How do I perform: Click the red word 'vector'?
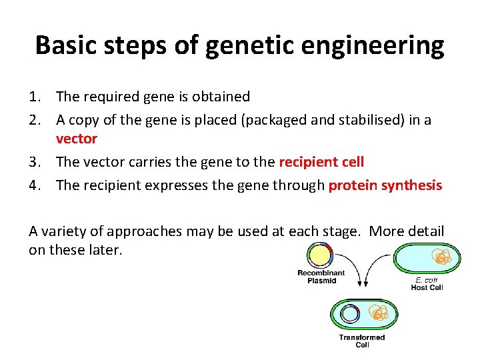tap(77, 139)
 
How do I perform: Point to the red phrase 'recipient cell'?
tap(321, 162)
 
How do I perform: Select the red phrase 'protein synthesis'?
tap(385, 185)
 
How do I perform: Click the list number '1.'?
tap(38, 97)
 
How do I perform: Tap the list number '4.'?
tap(38, 185)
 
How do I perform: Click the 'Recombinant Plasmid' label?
tap(321, 277)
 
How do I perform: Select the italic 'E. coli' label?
tap(427, 280)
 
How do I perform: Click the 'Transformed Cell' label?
tap(362, 341)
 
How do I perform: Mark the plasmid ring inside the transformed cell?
tap(350, 315)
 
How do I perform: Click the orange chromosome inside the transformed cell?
tap(378, 313)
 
